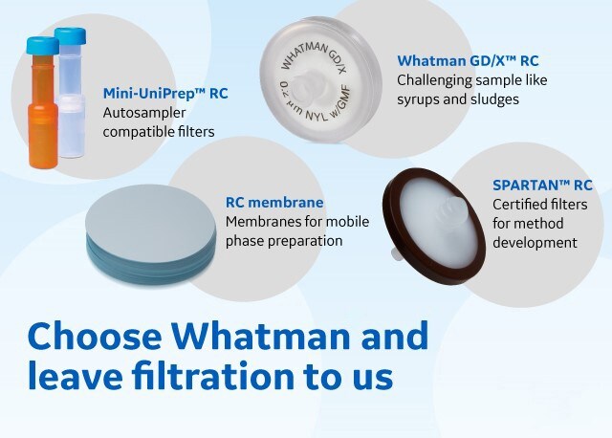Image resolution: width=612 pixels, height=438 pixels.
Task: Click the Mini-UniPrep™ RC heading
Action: [165, 95]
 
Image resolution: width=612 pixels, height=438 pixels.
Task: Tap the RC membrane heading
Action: [274, 203]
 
